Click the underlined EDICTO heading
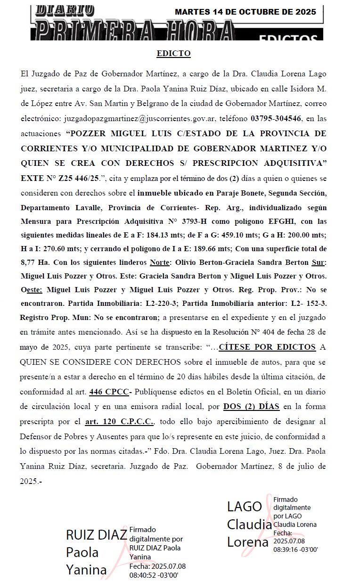(x=173, y=53)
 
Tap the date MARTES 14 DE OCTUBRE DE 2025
(x=245, y=12)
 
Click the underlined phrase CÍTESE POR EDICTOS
(x=267, y=347)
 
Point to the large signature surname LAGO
(x=244, y=507)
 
